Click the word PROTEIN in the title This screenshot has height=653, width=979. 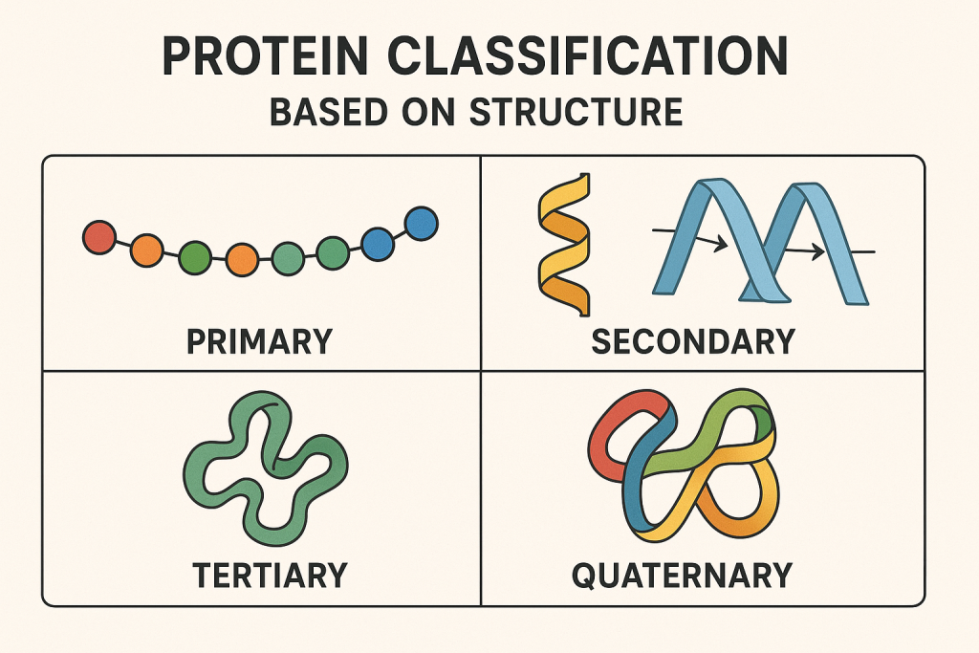pyautogui.click(x=265, y=55)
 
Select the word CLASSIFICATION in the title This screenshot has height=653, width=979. pyautogui.click(x=588, y=55)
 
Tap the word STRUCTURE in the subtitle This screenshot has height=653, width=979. pyautogui.click(x=576, y=113)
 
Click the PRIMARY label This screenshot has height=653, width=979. pyautogui.click(x=259, y=341)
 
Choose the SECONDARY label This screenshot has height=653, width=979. pyautogui.click(x=693, y=341)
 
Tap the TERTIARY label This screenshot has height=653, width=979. pyautogui.click(x=270, y=575)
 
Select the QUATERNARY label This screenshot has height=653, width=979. pyautogui.click(x=682, y=576)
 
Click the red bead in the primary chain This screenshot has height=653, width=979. pyautogui.click(x=99, y=237)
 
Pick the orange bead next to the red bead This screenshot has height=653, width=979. pyautogui.click(x=146, y=250)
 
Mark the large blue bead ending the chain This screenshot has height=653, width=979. pyautogui.click(x=422, y=224)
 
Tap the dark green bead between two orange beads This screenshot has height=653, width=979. pyautogui.click(x=195, y=258)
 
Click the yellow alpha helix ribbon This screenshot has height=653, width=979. pyautogui.click(x=564, y=245)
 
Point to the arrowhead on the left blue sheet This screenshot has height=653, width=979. pyautogui.click(x=721, y=243)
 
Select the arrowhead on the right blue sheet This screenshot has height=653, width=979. pyautogui.click(x=816, y=252)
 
